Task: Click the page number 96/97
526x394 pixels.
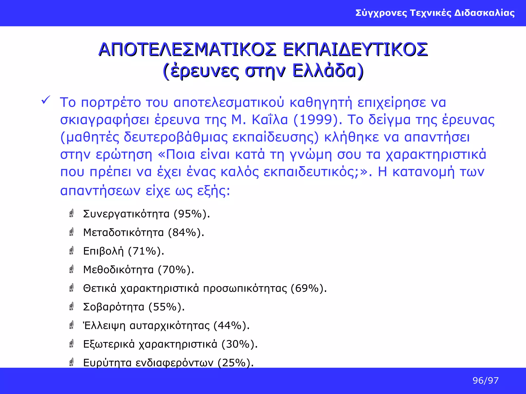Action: [485, 380]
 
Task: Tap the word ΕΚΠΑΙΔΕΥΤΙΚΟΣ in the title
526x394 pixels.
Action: [355, 50]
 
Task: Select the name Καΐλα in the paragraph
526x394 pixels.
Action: [270, 120]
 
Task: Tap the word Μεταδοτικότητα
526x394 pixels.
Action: [124, 232]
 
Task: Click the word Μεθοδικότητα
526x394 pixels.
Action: [118, 270]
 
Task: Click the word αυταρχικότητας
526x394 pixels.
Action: [170, 326]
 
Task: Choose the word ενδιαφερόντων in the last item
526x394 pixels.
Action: [174, 363]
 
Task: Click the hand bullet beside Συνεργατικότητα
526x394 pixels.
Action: [72, 213]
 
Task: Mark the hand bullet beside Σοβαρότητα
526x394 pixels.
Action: [72, 307]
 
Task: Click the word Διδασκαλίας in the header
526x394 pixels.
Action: [484, 13]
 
